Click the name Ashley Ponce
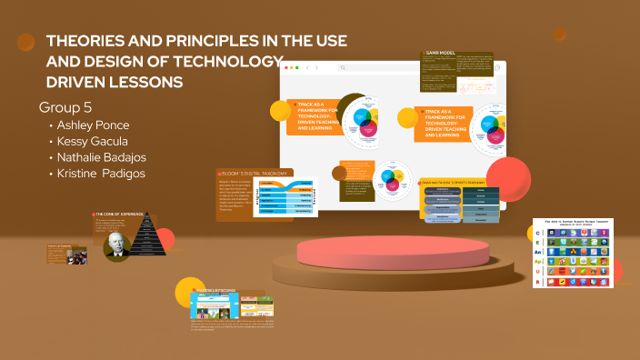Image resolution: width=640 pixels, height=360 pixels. coord(95,125)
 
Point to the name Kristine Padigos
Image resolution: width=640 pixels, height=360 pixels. coord(100,173)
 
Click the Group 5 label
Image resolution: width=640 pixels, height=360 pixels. coord(65,106)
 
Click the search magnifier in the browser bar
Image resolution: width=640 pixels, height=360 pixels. coord(343,67)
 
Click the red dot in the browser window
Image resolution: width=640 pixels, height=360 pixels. coord(286,67)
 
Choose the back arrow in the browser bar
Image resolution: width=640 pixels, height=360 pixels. coord(306,67)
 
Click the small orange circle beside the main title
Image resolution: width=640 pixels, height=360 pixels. coord(26,42)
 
